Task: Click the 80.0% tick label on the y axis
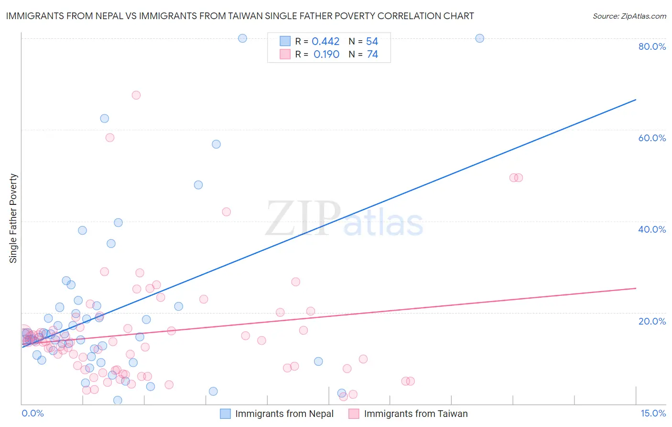pyautogui.click(x=652, y=46)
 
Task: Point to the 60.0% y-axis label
pyautogui.click(x=652, y=138)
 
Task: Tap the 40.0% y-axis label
pyautogui.click(x=652, y=229)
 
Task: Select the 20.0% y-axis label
pyautogui.click(x=652, y=321)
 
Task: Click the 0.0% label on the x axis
pyautogui.click(x=33, y=413)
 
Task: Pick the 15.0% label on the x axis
pyautogui.click(x=653, y=413)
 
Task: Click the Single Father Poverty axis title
pyautogui.click(x=13, y=218)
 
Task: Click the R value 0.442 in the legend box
pyautogui.click(x=325, y=42)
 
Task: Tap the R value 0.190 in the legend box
pyautogui.click(x=326, y=55)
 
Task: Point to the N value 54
pyautogui.click(x=372, y=42)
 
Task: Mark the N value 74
pyautogui.click(x=372, y=55)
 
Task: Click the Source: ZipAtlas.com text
pyautogui.click(x=629, y=16)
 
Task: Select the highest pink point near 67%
pyautogui.click(x=136, y=95)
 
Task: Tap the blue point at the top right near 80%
pyautogui.click(x=480, y=38)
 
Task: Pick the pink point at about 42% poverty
pyautogui.click(x=227, y=212)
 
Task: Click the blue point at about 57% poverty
pyautogui.click(x=217, y=144)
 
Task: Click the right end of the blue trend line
pyautogui.click(x=636, y=100)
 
